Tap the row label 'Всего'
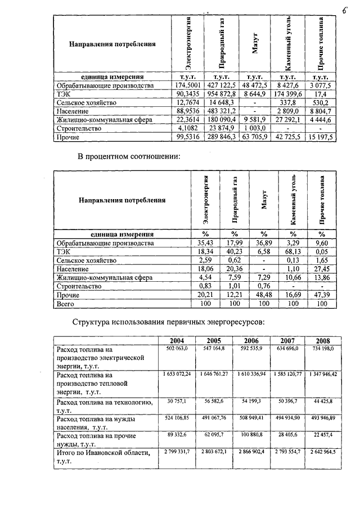[x=66, y=304]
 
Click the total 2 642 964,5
[x=322, y=452]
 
